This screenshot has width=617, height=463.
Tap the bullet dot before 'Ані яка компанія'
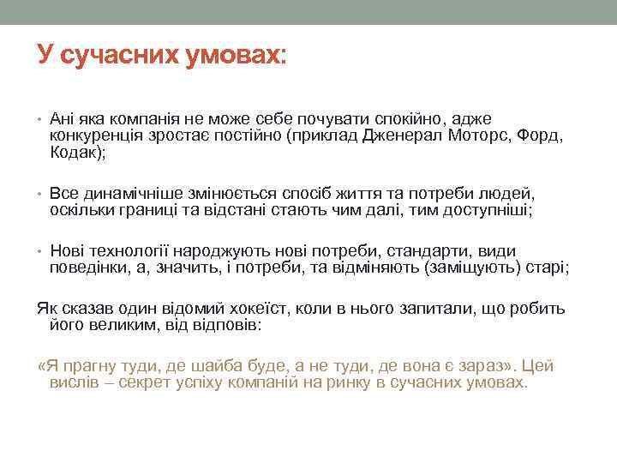pos(41,119)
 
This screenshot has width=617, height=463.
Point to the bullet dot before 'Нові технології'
pos(41,252)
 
